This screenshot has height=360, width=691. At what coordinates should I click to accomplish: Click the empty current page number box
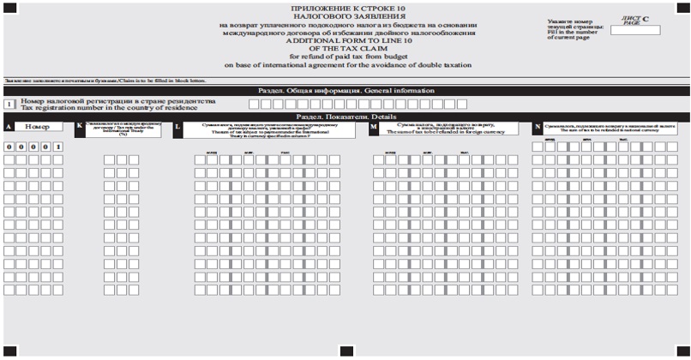click(634, 31)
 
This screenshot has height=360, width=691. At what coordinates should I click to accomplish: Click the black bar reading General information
click(345, 90)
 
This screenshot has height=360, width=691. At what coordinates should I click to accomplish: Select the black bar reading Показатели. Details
click(345, 117)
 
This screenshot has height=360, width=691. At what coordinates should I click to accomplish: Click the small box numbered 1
click(9, 104)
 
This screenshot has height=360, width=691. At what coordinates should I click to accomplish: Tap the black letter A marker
click(8, 127)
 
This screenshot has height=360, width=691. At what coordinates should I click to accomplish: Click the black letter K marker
click(80, 127)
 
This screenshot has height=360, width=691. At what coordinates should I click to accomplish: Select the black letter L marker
click(177, 127)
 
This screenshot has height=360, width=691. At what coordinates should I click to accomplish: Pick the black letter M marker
click(374, 127)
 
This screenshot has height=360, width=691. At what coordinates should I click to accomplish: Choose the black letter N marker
click(538, 127)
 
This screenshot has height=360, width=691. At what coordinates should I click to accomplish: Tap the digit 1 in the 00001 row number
click(57, 147)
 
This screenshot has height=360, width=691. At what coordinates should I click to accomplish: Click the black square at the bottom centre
click(346, 351)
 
